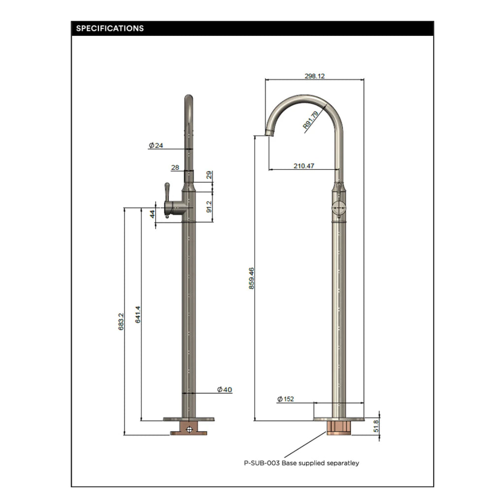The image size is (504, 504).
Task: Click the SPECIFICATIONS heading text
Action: pos(110,29)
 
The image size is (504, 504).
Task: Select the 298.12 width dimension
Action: pos(315,76)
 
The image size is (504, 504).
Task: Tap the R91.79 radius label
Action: pos(311,119)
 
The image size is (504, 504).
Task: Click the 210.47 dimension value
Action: pos(304,166)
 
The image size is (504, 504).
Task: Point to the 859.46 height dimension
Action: pos(252,279)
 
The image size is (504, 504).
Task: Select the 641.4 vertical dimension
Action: pos(138,315)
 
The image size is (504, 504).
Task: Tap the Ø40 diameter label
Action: pos(224,389)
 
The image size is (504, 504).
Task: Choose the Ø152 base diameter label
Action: pos(285,399)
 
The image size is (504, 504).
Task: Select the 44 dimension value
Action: pos(153,214)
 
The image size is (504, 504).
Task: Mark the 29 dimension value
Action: pos(209,174)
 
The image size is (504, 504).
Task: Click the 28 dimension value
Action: pos(175,167)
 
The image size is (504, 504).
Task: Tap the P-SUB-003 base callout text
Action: pos(301,463)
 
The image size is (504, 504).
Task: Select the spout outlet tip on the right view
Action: pos(270,132)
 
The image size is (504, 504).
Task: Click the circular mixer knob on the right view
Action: pos(338,208)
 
